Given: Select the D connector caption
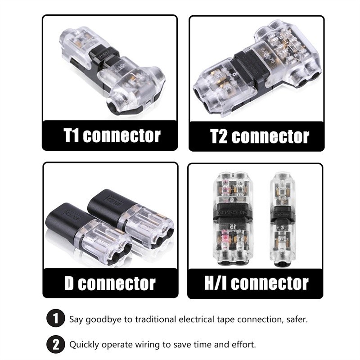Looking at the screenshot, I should pos(111,283).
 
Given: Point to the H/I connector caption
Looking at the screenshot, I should pos(256,283).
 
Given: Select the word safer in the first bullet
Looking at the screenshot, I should pos(297,319).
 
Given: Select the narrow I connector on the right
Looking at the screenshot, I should pos(282,216).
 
